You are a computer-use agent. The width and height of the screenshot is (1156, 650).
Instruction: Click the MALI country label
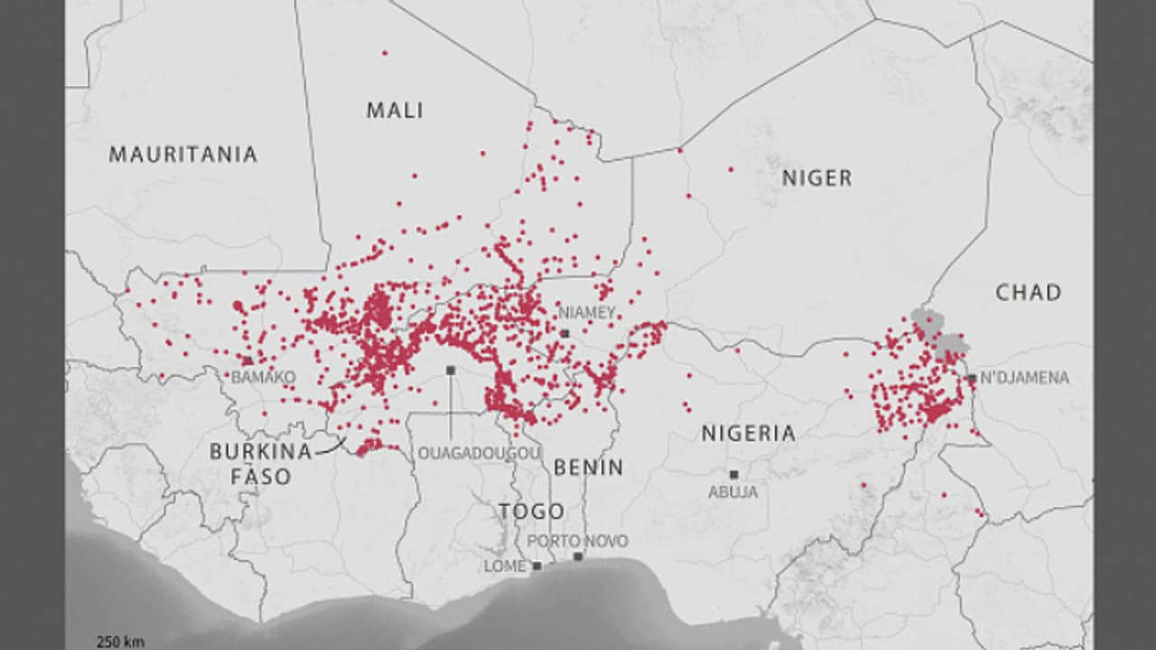[x=395, y=110]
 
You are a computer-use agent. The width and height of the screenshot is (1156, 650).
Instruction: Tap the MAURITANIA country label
[x=183, y=154]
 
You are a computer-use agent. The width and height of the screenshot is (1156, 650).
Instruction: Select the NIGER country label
[x=816, y=178]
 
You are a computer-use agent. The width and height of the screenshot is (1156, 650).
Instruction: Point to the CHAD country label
[x=1028, y=292]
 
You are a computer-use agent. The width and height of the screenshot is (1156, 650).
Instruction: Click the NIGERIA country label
[x=749, y=433]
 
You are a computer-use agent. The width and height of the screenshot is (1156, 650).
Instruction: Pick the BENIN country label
[x=588, y=468]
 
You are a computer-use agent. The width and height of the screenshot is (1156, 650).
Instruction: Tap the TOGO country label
[x=532, y=511]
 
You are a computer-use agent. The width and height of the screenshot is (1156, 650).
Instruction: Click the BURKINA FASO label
[x=261, y=463]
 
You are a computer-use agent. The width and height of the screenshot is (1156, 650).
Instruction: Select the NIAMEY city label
[x=587, y=312]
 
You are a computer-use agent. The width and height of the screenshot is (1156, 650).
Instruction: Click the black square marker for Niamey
[x=564, y=333]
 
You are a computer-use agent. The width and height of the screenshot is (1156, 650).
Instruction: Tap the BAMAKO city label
[x=263, y=377]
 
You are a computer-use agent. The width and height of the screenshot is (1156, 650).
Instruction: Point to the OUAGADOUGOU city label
[x=479, y=453]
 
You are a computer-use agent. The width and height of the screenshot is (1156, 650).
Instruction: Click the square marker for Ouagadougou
[x=450, y=370]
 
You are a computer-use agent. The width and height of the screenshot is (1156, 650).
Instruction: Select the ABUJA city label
[x=732, y=493]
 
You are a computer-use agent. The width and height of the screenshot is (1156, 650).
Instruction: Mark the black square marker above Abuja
[x=733, y=474]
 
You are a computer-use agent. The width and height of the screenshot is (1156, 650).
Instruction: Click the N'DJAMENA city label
[x=1024, y=378]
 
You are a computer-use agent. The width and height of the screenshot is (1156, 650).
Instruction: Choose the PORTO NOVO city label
[x=577, y=541]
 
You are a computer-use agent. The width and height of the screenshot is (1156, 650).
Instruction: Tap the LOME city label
[x=505, y=566]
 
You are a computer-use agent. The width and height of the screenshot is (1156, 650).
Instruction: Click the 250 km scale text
[x=120, y=642]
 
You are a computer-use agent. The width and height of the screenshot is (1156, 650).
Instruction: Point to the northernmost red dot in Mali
[x=385, y=53]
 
